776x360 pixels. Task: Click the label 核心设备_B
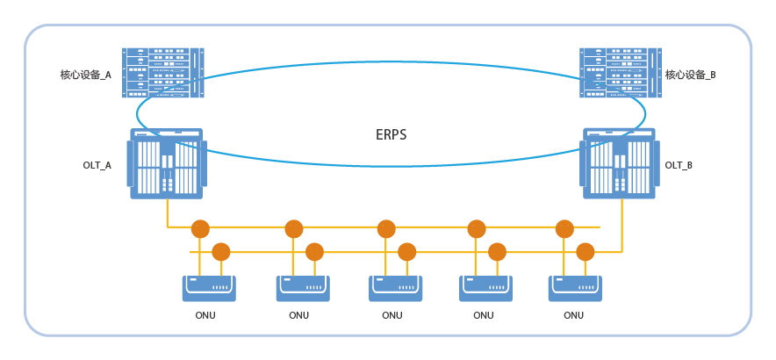(691, 76)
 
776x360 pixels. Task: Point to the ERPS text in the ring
(391, 135)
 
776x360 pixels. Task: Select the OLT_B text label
(679, 165)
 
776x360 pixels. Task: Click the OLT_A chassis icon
(167, 163)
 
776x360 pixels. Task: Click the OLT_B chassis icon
(619, 163)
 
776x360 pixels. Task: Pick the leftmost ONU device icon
(210, 287)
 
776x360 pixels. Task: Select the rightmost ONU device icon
(576, 287)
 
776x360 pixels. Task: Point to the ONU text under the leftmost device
(205, 315)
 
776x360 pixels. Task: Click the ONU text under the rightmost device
(573, 315)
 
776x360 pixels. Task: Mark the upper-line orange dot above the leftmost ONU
(200, 229)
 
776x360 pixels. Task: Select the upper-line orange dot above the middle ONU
(386, 229)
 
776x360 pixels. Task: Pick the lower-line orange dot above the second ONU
(314, 252)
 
